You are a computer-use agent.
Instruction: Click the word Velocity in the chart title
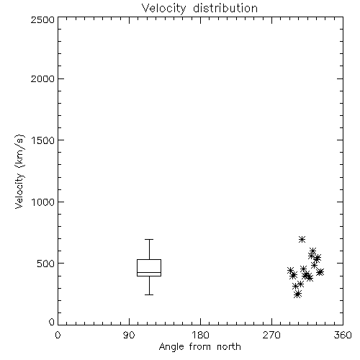point(164,9)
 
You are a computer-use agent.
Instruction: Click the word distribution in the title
point(225,8)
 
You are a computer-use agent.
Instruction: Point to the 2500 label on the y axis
point(42,19)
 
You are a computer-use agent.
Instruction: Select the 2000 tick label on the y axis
point(42,78)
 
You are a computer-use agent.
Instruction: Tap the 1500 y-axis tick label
point(43,140)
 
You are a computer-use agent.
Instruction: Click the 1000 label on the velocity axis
point(43,202)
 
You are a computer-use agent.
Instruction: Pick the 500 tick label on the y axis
point(46,264)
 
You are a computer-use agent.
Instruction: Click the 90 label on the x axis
point(129,335)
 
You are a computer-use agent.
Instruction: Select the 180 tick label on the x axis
point(200,335)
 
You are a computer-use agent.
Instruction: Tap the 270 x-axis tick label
point(271,335)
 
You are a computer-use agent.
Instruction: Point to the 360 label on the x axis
point(343,335)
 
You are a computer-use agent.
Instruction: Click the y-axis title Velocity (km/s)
point(19,171)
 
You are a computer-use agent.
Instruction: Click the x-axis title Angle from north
point(199,347)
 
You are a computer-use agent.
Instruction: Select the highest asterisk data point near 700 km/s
point(302,239)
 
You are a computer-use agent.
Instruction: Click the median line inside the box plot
point(149,272)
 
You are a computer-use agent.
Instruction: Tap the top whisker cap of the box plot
point(149,239)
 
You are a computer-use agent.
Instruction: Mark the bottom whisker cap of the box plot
point(149,294)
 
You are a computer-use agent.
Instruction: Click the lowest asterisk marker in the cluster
point(297,294)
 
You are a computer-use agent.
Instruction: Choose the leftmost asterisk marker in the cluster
point(290,271)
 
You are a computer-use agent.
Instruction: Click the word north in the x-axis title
point(228,346)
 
